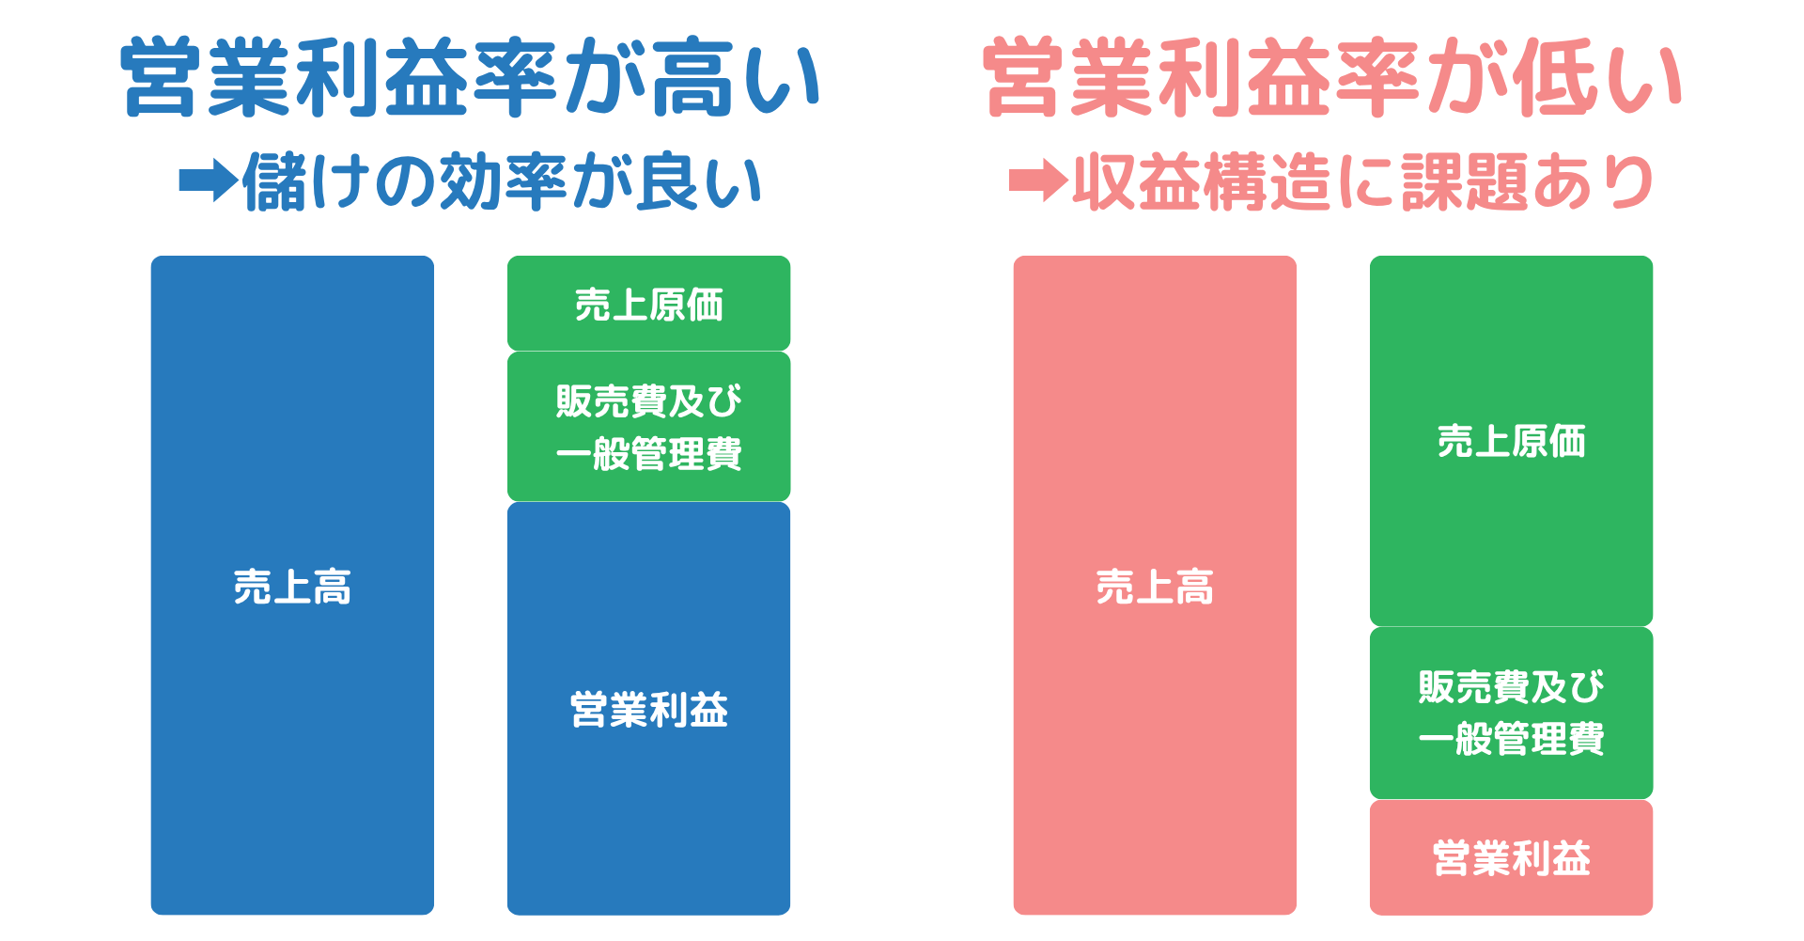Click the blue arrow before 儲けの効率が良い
point(208,180)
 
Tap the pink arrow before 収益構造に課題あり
point(1037,180)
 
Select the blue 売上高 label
point(292,587)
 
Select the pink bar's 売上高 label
point(1155,587)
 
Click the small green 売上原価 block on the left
point(648,304)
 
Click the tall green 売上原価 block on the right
point(1511,441)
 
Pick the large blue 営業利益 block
point(648,709)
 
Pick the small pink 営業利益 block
point(1511,857)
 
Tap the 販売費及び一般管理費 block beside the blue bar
point(648,427)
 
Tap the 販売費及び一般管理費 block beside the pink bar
point(1511,713)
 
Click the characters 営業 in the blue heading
point(207,78)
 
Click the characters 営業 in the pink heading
point(1069,78)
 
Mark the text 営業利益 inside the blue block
point(648,709)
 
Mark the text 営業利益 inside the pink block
point(1511,857)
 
